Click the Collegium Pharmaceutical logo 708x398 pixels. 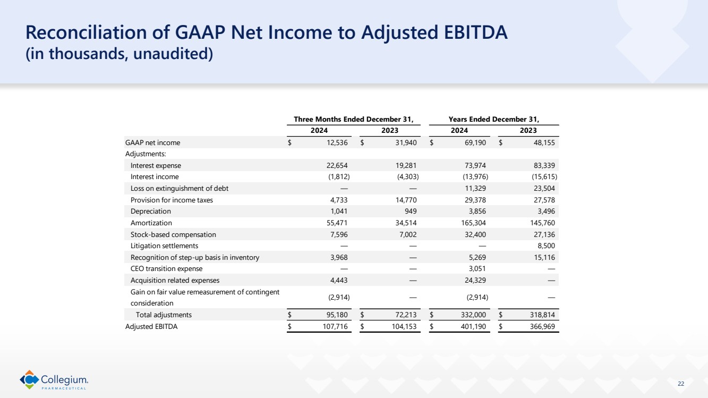click(54, 379)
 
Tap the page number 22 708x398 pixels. click(681, 384)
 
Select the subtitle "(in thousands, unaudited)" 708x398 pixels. click(120, 54)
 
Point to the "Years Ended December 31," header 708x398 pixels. click(498, 118)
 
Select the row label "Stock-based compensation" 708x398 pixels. click(173, 234)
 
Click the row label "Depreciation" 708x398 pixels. click(151, 211)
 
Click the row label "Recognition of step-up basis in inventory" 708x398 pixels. click(195, 257)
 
